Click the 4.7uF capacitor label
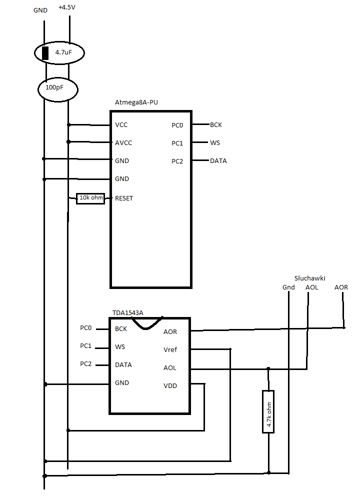[x=63, y=52]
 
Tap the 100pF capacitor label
[x=54, y=87]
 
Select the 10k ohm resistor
[x=90, y=198]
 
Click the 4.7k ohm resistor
[x=268, y=411]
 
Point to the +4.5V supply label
[x=66, y=7]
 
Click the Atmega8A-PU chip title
[x=136, y=102]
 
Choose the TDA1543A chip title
[x=128, y=313]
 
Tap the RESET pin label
[x=124, y=198]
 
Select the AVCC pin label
[x=123, y=143]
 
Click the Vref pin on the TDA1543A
[x=170, y=350]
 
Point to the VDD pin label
[x=170, y=386]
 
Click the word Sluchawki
[x=309, y=278]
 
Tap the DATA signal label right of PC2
[x=218, y=161]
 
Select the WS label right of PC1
[x=215, y=143]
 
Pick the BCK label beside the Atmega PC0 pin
[x=216, y=125]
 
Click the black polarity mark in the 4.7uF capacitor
[x=45, y=53]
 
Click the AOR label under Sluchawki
[x=341, y=287]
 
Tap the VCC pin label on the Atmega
[x=121, y=125]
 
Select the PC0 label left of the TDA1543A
[x=85, y=328]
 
